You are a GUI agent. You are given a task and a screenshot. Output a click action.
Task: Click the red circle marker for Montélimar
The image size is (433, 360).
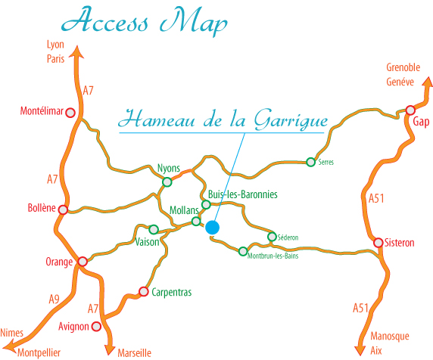(x=70, y=113)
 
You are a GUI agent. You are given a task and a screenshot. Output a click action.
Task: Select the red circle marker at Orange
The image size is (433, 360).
(x=83, y=262)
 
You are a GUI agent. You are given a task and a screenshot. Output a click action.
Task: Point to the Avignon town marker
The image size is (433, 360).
(x=96, y=327)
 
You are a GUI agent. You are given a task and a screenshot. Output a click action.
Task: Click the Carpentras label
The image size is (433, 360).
(x=172, y=292)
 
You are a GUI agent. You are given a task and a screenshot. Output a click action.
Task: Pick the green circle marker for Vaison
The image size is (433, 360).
(x=154, y=229)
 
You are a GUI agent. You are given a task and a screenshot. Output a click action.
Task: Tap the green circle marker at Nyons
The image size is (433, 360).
(x=167, y=182)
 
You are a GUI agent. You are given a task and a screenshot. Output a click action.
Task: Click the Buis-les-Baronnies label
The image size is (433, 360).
(x=242, y=194)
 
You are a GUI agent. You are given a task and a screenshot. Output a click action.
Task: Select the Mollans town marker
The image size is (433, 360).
(x=196, y=222)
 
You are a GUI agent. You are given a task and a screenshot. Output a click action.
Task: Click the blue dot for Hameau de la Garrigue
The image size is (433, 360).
(x=212, y=227)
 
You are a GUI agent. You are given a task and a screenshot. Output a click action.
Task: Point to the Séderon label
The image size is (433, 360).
(x=288, y=237)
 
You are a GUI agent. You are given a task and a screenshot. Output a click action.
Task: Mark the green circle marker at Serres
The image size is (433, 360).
(x=310, y=161)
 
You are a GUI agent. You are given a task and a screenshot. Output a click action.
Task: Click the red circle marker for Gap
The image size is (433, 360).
(x=410, y=110)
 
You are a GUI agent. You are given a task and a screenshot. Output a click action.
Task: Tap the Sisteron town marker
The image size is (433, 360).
(x=378, y=243)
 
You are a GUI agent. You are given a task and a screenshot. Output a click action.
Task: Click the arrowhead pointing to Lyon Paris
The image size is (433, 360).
(x=76, y=53)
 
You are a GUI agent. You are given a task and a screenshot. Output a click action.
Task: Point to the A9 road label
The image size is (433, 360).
(x=54, y=299)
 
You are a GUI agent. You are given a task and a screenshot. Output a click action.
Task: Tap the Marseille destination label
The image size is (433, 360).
(x=135, y=352)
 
